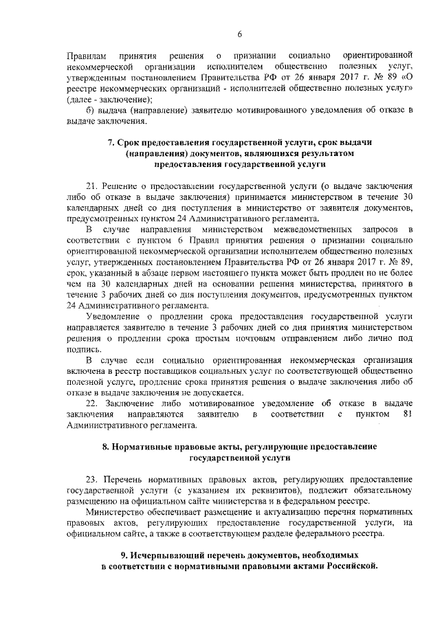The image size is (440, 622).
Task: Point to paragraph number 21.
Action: coord(91,186)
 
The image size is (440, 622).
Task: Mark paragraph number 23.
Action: coord(91,478)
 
